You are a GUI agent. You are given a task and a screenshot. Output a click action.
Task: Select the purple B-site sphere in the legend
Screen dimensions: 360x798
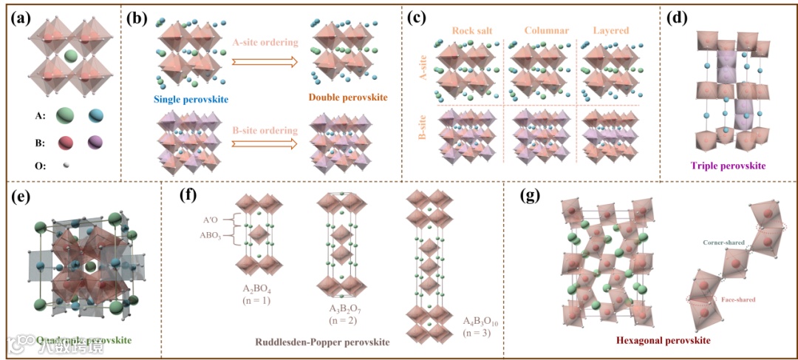[97, 142]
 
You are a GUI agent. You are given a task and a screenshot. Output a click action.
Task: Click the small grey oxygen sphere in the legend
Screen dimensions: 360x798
[64, 166]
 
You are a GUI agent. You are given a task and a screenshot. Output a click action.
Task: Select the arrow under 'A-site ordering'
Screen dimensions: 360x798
[265, 61]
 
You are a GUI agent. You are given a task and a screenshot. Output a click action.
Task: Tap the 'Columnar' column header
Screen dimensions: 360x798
[545, 30]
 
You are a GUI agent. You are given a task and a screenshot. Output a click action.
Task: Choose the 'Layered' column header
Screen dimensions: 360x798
[611, 30]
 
